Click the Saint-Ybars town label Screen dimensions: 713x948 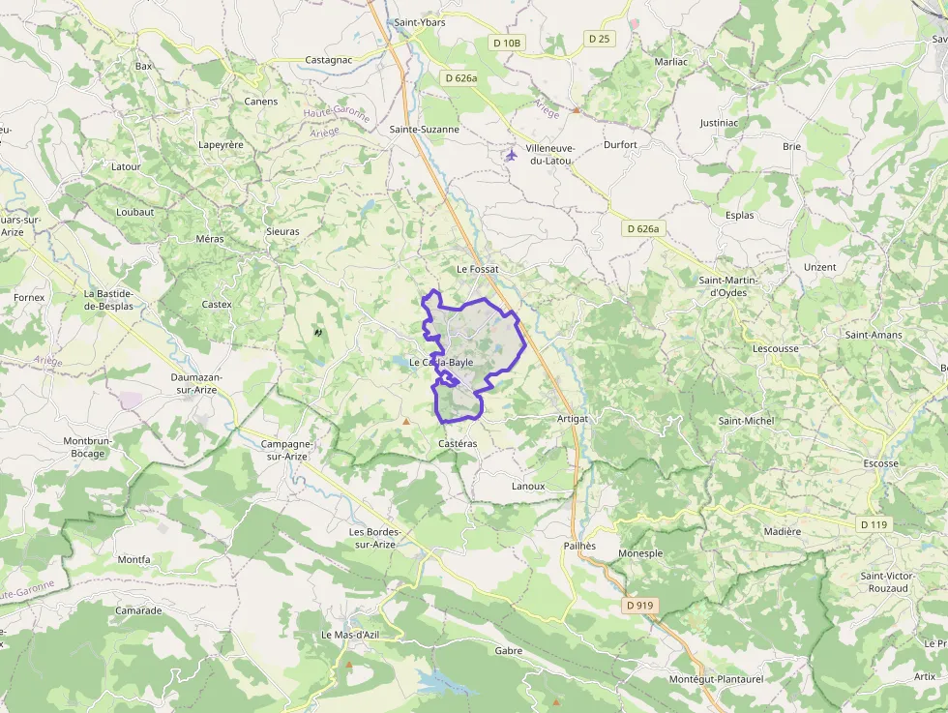click(420, 22)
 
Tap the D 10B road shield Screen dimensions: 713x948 click(506, 43)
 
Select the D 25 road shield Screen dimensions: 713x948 click(599, 39)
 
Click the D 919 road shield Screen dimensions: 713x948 click(640, 606)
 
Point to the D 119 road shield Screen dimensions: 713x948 click(874, 524)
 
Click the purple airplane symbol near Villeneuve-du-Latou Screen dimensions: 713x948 click(512, 155)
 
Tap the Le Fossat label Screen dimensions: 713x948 click(476, 268)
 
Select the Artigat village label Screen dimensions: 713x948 click(573, 418)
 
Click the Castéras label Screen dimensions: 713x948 click(458, 443)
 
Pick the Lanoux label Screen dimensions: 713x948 click(528, 486)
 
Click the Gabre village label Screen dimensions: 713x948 click(508, 651)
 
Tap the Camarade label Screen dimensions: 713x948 click(138, 610)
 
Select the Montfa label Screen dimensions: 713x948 click(133, 559)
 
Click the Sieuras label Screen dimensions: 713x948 click(282, 232)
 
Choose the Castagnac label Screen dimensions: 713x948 click(328, 60)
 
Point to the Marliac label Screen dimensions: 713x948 click(670, 61)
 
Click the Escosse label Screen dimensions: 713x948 click(880, 463)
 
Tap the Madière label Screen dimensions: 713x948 click(783, 531)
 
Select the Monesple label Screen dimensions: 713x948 click(640, 553)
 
